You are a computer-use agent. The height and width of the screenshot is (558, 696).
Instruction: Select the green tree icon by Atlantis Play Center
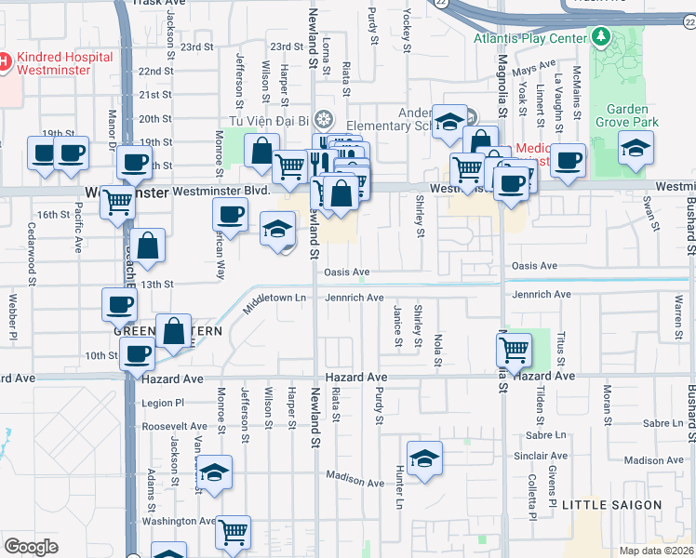pyautogui.click(x=601, y=37)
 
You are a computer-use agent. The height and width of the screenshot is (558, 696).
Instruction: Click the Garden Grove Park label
pyautogui.click(x=627, y=115)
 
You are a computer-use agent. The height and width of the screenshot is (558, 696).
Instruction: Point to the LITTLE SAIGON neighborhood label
pyautogui.click(x=611, y=505)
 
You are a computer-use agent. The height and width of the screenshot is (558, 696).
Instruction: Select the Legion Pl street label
pyautogui.click(x=165, y=404)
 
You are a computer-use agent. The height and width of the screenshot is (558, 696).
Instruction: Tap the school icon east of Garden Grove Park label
pyautogui.click(x=636, y=149)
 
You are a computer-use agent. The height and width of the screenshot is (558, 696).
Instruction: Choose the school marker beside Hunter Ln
pyautogui.click(x=424, y=458)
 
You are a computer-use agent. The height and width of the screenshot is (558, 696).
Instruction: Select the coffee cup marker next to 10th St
pyautogui.click(x=138, y=354)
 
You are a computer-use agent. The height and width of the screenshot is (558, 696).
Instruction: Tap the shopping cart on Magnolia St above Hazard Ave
pyautogui.click(x=514, y=351)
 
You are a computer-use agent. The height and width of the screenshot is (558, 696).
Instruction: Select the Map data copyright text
pyautogui.click(x=656, y=551)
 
